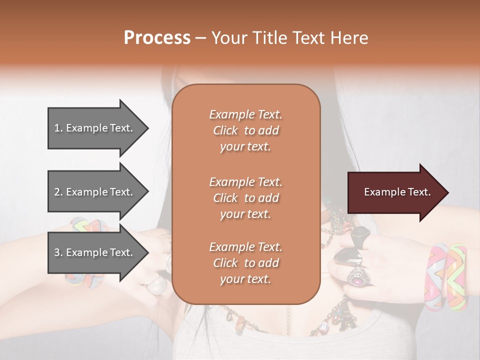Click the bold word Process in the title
pos(157,38)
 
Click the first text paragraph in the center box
pos(245,130)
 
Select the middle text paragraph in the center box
pos(245,198)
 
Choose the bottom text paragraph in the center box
pos(245,263)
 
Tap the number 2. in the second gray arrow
pos(58,192)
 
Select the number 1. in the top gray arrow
pos(58,128)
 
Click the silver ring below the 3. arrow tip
pos(159,285)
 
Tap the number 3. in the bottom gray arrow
pos(58,252)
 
